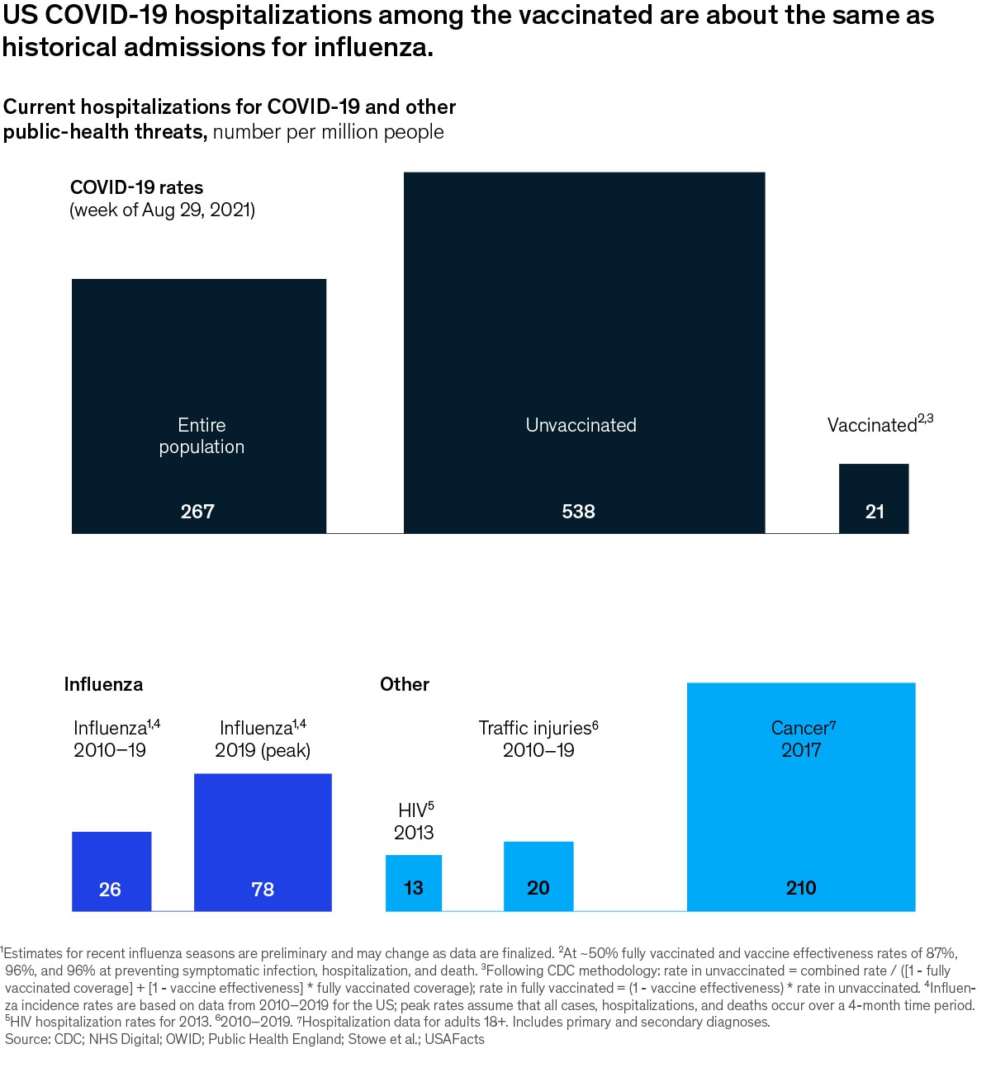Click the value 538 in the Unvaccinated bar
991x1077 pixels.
point(578,512)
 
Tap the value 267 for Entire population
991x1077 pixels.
point(197,512)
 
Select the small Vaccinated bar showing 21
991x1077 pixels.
point(874,498)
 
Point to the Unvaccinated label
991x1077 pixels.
point(581,425)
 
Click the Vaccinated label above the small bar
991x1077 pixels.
point(874,425)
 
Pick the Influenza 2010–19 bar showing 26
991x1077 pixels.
point(111,871)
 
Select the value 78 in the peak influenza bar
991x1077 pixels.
point(263,890)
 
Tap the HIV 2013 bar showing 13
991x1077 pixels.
point(414,882)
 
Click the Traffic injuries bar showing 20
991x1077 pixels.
point(538,876)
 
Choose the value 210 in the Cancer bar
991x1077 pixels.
point(801,888)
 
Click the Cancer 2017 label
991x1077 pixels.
point(802,739)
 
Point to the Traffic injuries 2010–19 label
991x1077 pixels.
point(538,739)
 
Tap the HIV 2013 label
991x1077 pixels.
point(415,821)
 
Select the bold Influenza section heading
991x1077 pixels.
point(103,684)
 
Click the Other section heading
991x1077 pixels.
point(405,684)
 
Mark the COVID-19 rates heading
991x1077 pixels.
point(136,187)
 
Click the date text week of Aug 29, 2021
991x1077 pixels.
point(163,210)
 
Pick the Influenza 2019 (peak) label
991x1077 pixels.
point(263,739)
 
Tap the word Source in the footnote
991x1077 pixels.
point(26,1039)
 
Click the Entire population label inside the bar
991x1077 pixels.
point(202,436)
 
